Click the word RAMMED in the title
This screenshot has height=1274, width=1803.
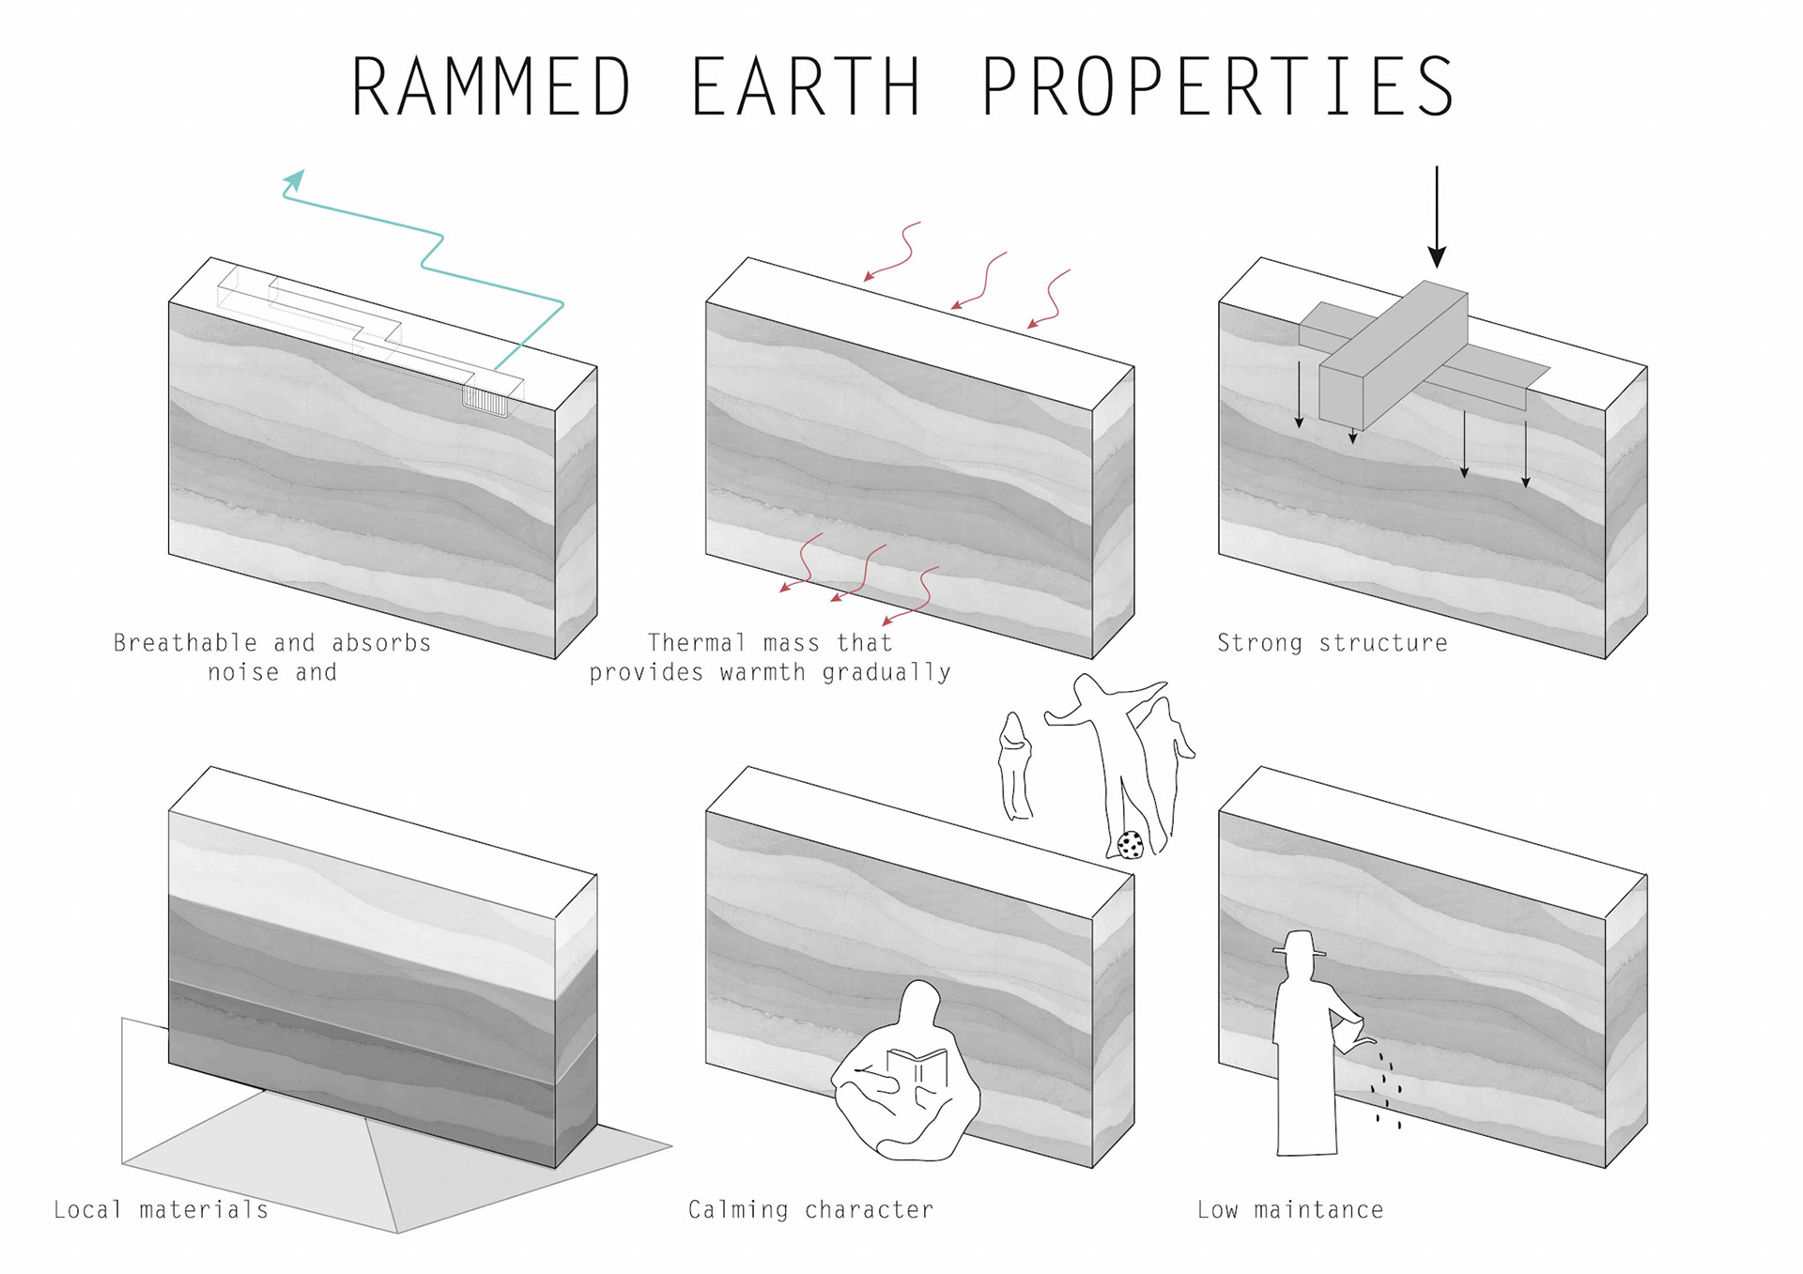pyautogui.click(x=490, y=86)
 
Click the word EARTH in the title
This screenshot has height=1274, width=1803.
pyautogui.click(x=806, y=86)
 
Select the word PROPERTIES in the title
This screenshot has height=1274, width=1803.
pyautogui.click(x=1218, y=86)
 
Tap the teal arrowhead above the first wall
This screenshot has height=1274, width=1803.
pyautogui.click(x=295, y=179)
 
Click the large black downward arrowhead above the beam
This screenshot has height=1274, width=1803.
pyautogui.click(x=1437, y=255)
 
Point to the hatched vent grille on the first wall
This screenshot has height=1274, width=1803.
pyautogui.click(x=485, y=401)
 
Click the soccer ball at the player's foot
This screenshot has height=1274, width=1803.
pyautogui.click(x=1131, y=845)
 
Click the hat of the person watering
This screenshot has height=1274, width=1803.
pyautogui.click(x=1300, y=944)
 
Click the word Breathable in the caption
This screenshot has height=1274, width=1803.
pyautogui.click(x=185, y=643)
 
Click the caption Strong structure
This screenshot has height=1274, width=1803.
pyautogui.click(x=1332, y=643)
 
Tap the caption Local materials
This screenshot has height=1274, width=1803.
pyautogui.click(x=161, y=1210)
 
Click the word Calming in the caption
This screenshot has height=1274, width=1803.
pyautogui.click(x=738, y=1210)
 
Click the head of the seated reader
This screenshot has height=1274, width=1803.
pyautogui.click(x=920, y=1003)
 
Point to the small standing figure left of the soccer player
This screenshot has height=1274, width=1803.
pyautogui.click(x=1015, y=766)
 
